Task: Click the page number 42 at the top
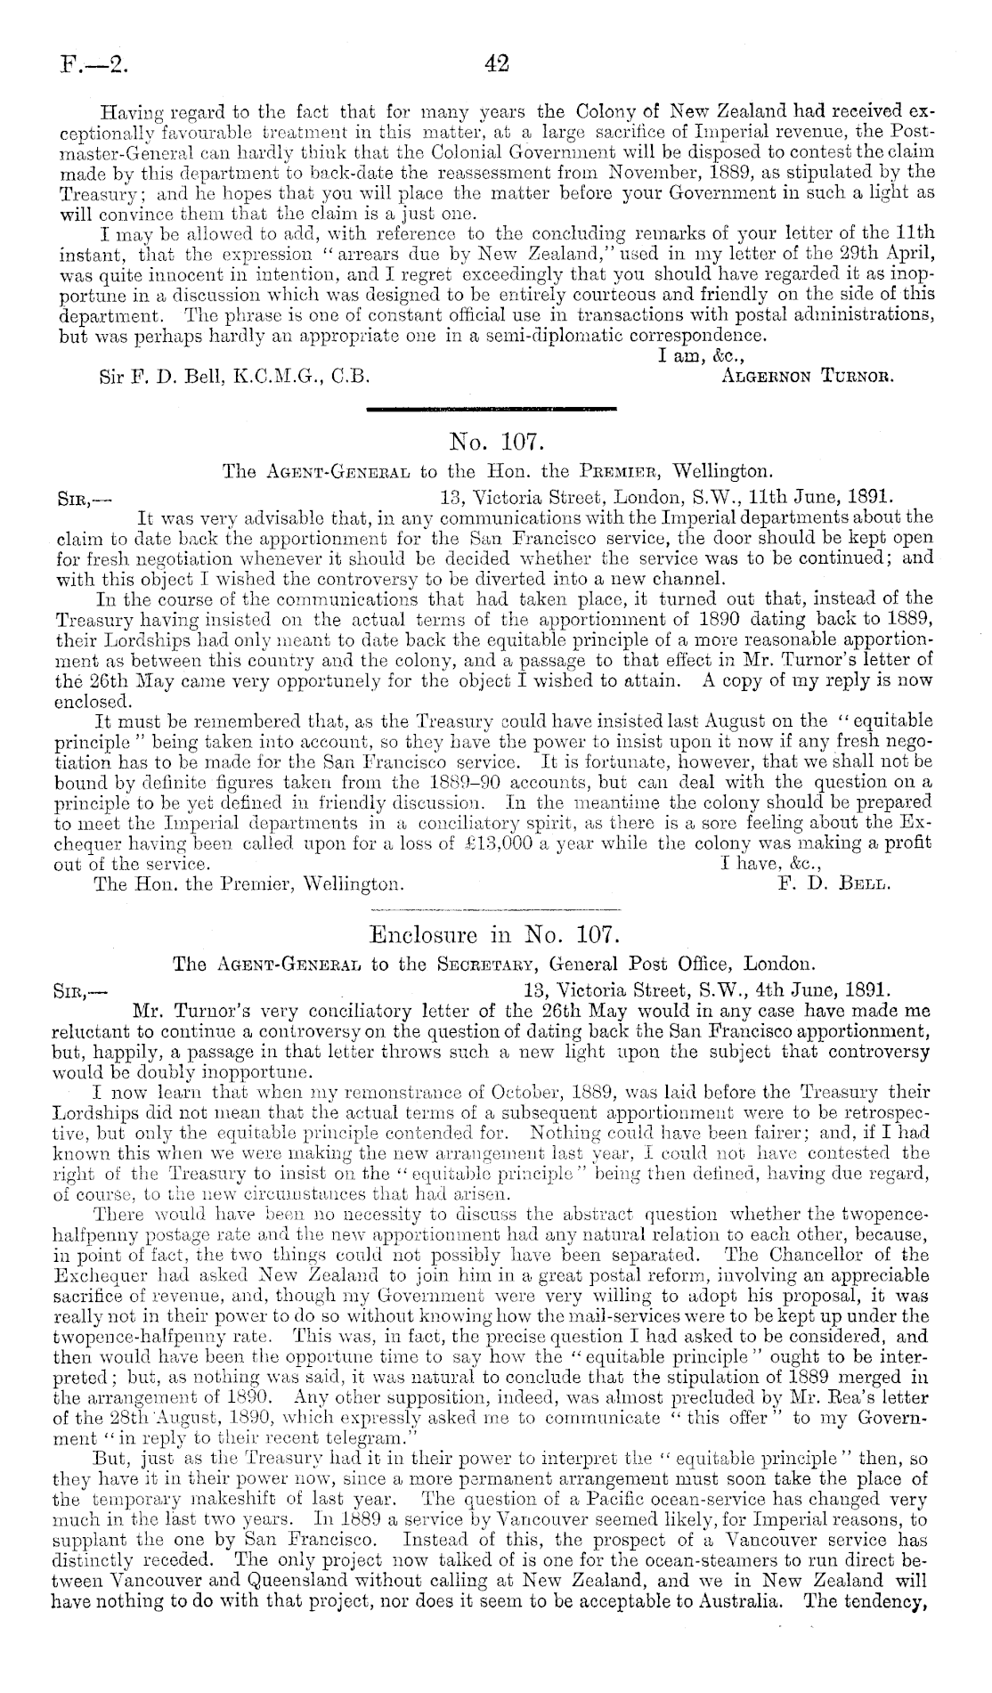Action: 495,63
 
